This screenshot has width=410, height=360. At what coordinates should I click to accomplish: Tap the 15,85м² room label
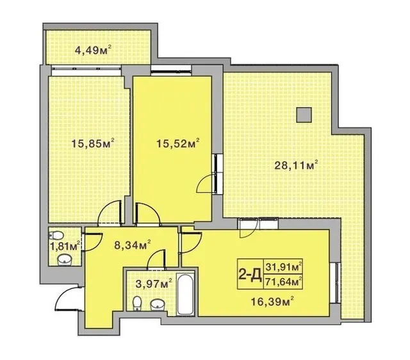(x=93, y=143)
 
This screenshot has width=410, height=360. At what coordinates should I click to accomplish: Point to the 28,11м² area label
(x=295, y=165)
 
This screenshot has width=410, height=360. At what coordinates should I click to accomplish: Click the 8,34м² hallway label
(x=133, y=245)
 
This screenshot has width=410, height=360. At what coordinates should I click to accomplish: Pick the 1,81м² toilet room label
(x=65, y=246)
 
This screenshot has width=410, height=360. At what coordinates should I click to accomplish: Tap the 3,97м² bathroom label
(x=154, y=283)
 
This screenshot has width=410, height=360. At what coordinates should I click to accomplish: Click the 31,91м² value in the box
(x=284, y=267)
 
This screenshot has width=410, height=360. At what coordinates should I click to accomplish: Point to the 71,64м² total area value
(x=284, y=282)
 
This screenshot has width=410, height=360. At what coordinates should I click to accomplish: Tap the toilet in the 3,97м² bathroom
(x=137, y=304)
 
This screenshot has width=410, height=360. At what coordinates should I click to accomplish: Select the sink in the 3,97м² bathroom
(x=157, y=305)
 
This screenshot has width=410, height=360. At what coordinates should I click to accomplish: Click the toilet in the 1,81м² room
(x=56, y=235)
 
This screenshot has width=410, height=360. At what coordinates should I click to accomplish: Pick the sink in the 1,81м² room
(x=64, y=260)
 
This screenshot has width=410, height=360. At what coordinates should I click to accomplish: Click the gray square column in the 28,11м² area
(x=304, y=115)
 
